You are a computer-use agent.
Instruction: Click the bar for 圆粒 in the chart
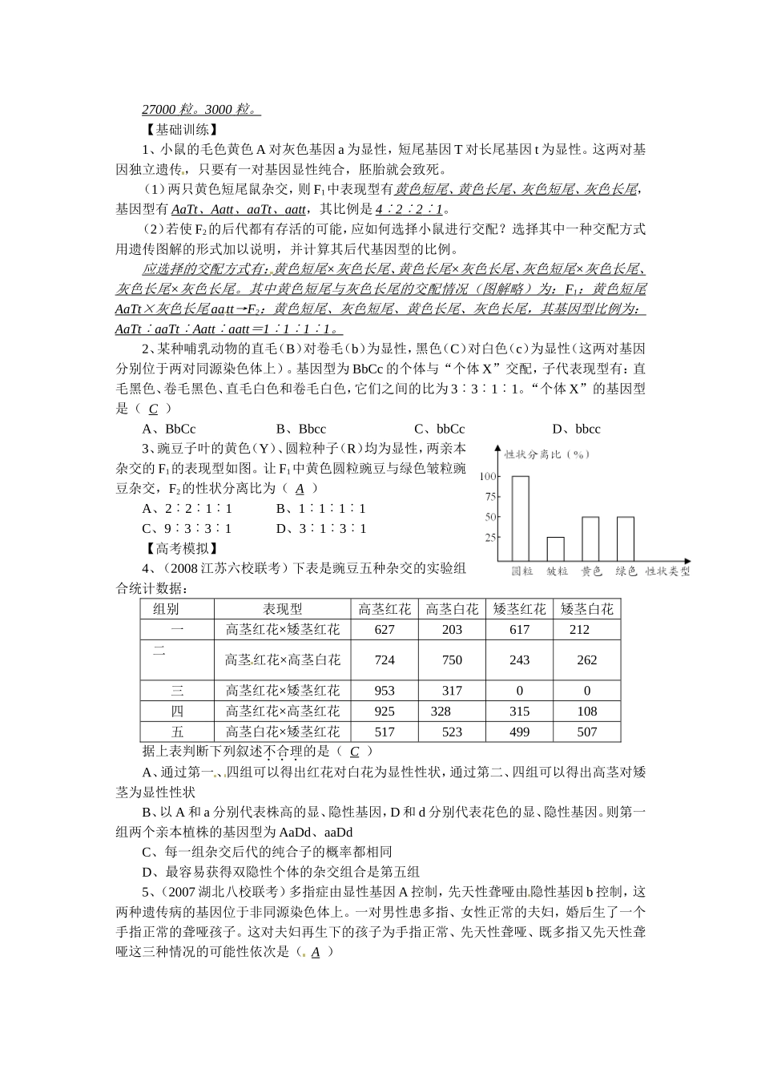pos(521,518)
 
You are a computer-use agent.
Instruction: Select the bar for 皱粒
pos(555,549)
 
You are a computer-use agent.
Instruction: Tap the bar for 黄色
pos(590,538)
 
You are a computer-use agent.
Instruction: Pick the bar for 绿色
pos(625,538)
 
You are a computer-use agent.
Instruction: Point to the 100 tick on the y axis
pos(488,476)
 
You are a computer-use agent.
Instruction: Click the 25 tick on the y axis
pos(490,538)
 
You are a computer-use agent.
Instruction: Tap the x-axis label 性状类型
pos(667,571)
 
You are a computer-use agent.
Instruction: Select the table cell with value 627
pos(385,630)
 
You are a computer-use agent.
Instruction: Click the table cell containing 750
pos(452,660)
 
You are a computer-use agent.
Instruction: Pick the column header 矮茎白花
pos(587,609)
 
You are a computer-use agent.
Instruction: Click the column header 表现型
pos(283,609)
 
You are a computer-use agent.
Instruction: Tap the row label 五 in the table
pos(177,732)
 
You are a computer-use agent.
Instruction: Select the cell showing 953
pos(385,691)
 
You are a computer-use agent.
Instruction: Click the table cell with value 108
pos(587,712)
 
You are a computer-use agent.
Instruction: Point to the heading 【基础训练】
pos(178,129)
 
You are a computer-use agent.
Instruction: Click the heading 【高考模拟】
pos(178,549)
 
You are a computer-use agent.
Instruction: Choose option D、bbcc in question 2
pos(576,429)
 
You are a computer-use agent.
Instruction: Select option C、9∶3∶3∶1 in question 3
pos(187,529)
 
